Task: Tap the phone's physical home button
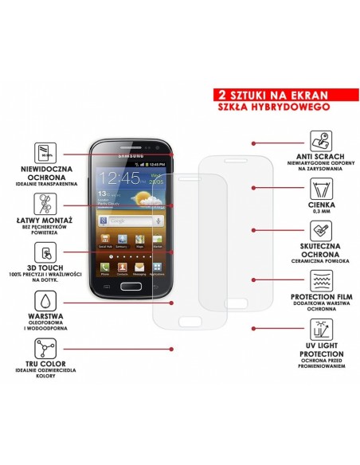[132, 287]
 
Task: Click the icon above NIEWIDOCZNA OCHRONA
[43, 152]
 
